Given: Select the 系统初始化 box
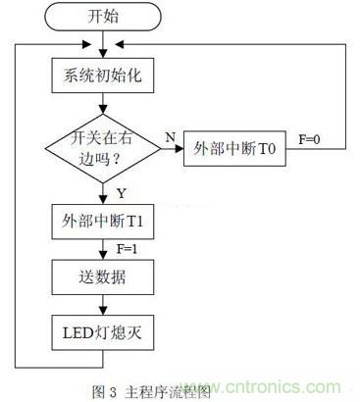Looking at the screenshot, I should tap(102, 73).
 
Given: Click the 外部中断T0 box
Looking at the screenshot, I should tap(233, 149).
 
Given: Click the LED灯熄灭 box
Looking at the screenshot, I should tap(102, 330).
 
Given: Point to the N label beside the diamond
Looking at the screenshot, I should tap(170, 138).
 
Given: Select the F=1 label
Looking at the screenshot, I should tap(126, 249).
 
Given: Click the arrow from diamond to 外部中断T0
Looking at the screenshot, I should tap(173, 150).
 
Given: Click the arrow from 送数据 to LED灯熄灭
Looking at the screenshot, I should tap(102, 304).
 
